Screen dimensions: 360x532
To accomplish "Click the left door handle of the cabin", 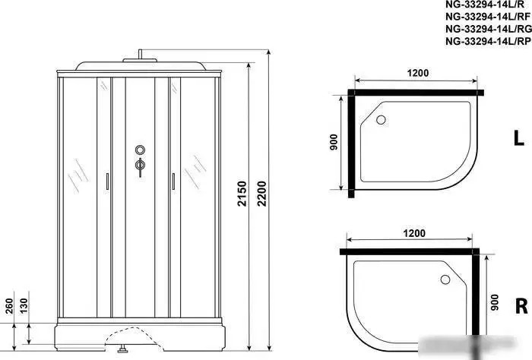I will [x=106, y=182].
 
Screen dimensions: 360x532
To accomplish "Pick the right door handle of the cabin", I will [x=173, y=182].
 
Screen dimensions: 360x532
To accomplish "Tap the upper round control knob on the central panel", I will [x=139, y=150].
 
